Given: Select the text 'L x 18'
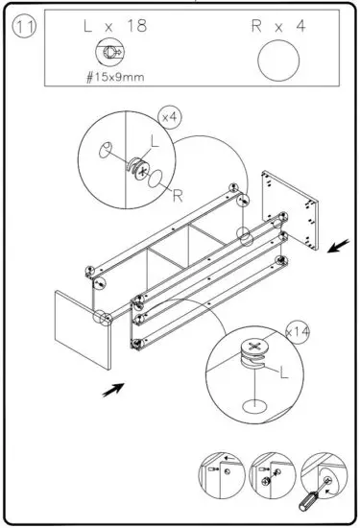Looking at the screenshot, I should tap(114, 27).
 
